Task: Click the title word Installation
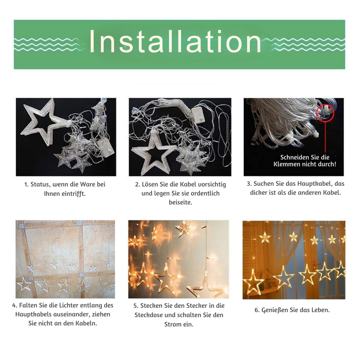175,41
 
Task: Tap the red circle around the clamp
325,112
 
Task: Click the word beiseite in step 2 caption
180,202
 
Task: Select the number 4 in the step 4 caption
14,306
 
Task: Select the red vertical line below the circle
325,137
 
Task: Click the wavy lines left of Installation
47,44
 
